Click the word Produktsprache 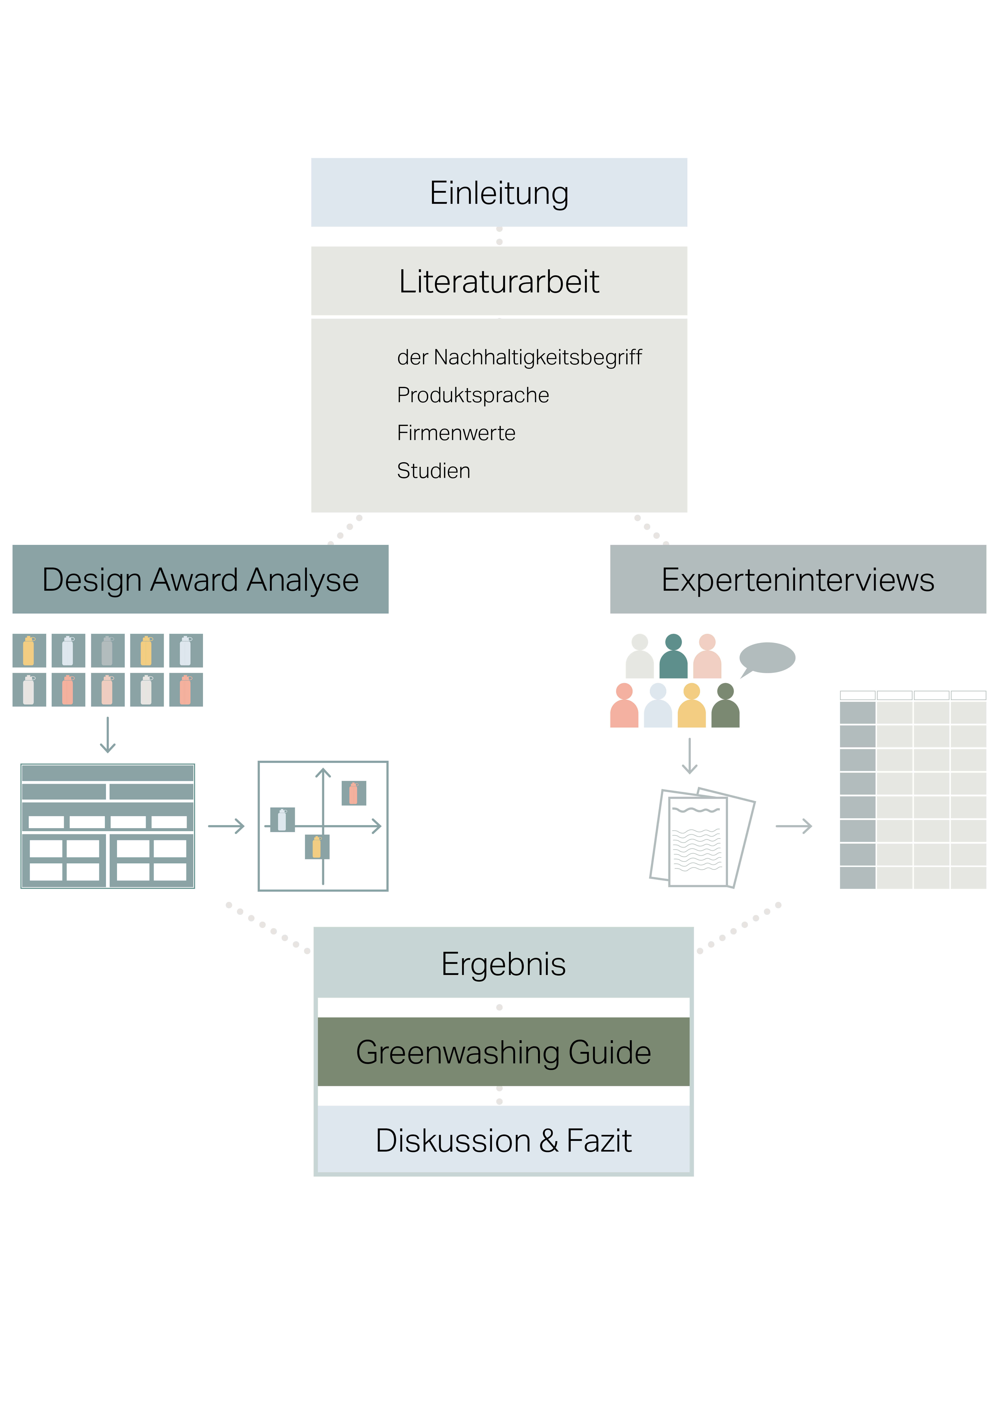coord(473,395)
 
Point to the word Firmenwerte coord(456,433)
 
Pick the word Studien coord(433,471)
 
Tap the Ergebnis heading coord(503,964)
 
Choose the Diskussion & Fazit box coord(503,1140)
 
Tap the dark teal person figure coord(673,657)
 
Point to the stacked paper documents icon coord(702,837)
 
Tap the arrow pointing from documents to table coord(794,826)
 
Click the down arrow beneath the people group coord(689,756)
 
